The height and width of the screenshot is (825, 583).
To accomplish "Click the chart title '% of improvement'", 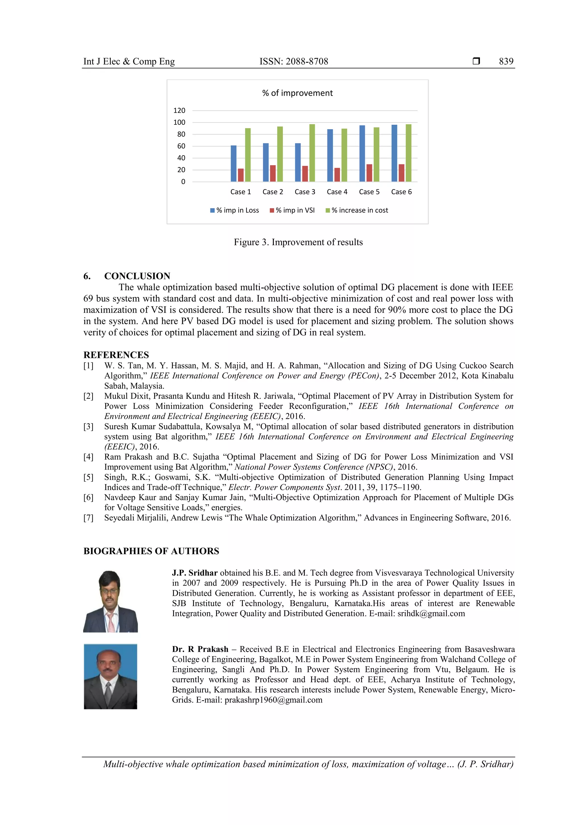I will pos(297,93).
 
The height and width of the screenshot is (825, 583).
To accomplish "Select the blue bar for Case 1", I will pos(233,164).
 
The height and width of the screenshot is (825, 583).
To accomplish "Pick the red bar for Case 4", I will pos(337,175).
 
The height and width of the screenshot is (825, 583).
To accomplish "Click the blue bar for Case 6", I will pos(394,153).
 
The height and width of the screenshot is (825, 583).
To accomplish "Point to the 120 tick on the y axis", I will pos(179,111).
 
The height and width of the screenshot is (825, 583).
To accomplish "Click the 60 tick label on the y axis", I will pos(181,146).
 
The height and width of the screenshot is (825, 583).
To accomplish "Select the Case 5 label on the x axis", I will pos(369,192).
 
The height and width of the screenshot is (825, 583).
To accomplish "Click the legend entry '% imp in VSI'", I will pos(295,210).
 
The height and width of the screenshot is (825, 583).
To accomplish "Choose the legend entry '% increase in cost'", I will pos(360,210).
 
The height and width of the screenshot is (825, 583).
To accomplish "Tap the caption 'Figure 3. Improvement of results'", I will pos(298,242).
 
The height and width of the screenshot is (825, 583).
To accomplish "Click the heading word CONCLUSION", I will pos(137,276).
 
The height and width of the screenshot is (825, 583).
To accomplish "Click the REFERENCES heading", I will pos(116,355).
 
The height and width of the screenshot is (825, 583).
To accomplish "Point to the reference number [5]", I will pos(88,477).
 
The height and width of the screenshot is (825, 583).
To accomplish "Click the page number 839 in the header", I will pos(506,62).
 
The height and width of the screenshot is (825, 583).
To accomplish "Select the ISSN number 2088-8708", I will pos(307,62).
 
